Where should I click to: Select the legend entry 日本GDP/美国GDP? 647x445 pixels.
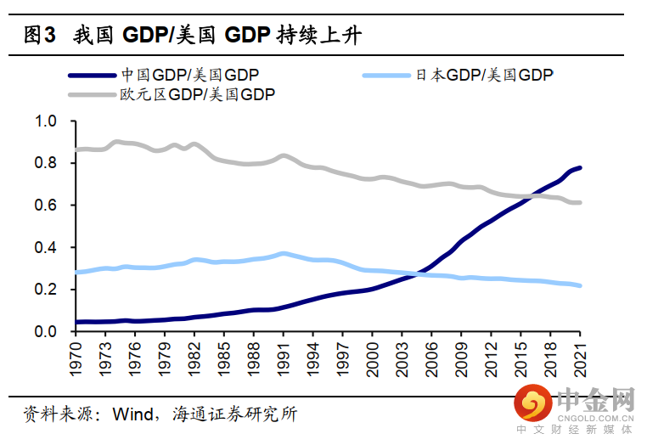tap(484, 75)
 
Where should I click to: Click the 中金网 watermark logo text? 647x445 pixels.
tap(594, 398)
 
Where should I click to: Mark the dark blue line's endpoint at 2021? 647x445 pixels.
tap(581, 167)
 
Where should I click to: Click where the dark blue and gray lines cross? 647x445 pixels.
tap(531, 197)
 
